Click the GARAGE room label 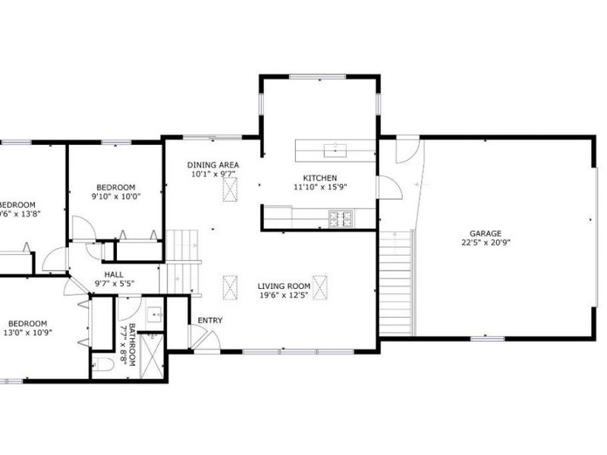[486, 234]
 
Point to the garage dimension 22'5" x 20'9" [486, 243]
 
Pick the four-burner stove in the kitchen [341, 218]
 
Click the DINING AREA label [214, 165]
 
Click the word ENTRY [210, 320]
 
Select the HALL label [114, 275]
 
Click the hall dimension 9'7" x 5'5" [114, 284]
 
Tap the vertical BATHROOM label [132, 345]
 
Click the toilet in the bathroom [104, 365]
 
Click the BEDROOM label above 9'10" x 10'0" [115, 187]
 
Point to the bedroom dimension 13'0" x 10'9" [32, 333]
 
